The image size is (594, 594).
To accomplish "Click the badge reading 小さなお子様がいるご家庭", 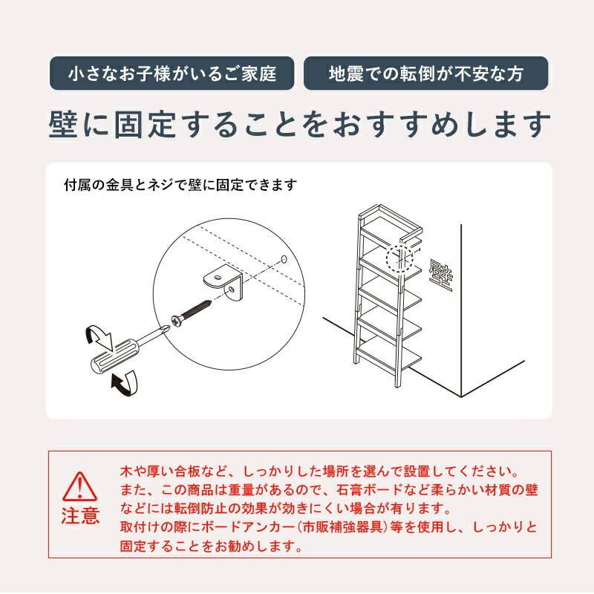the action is [x=172, y=73].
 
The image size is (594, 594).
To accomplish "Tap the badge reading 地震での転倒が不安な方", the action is [x=425, y=73].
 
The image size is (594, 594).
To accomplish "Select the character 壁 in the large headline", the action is [x=63, y=124].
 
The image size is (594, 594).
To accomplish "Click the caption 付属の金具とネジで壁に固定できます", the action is [x=180, y=185].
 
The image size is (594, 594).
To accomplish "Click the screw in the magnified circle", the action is [x=191, y=313].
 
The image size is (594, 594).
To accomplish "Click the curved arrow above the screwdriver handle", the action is [x=99, y=336].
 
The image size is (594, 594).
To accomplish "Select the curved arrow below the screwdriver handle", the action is [x=125, y=383].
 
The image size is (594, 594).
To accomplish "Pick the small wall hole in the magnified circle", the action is [x=284, y=259].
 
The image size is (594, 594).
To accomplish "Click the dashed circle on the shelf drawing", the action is [x=399, y=258].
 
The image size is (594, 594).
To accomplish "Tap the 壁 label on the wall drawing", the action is [x=440, y=275].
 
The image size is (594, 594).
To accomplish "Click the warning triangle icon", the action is [x=79, y=487].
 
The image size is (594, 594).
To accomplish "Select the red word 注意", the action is [x=80, y=515].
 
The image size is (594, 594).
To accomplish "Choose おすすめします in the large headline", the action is [x=441, y=124].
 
